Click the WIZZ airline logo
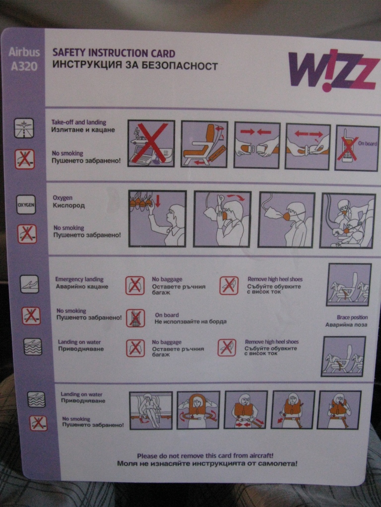click(x=334, y=71)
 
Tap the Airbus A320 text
click(x=24, y=59)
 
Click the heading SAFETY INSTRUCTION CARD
click(x=114, y=53)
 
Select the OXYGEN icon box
click(x=26, y=204)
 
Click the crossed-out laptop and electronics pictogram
click(x=151, y=143)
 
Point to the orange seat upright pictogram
click(x=204, y=144)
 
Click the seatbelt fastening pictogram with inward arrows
click(x=256, y=145)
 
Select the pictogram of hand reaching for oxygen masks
click(x=157, y=218)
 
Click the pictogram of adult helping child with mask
click(x=348, y=221)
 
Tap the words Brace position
click(x=352, y=317)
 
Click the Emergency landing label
click(x=79, y=279)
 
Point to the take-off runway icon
click(x=24, y=128)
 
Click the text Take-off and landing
click(x=79, y=122)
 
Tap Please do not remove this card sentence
click(x=205, y=456)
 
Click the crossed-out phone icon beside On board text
click(x=135, y=318)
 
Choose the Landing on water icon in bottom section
click(x=36, y=400)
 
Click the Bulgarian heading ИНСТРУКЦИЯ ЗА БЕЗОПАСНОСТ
click(x=135, y=65)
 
